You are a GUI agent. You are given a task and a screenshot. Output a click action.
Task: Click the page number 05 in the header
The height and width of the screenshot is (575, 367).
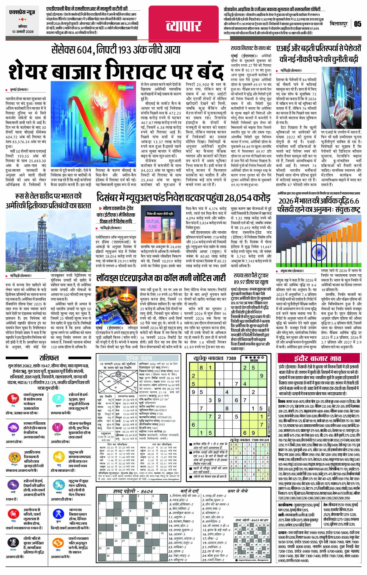(x=358, y=24)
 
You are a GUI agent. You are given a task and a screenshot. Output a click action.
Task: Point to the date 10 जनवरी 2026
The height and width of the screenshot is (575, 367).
(x=23, y=32)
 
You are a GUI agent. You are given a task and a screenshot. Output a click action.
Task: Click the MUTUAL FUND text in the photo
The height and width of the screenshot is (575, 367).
(x=153, y=224)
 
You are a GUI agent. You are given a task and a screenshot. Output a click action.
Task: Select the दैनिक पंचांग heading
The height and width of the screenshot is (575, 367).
(x=139, y=358)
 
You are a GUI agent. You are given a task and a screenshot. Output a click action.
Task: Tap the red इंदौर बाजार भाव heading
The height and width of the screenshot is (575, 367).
(x=317, y=359)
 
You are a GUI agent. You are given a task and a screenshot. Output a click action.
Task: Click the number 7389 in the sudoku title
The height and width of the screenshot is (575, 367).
(x=231, y=358)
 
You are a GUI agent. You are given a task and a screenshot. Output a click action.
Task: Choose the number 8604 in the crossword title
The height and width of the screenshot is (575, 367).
(x=147, y=491)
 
